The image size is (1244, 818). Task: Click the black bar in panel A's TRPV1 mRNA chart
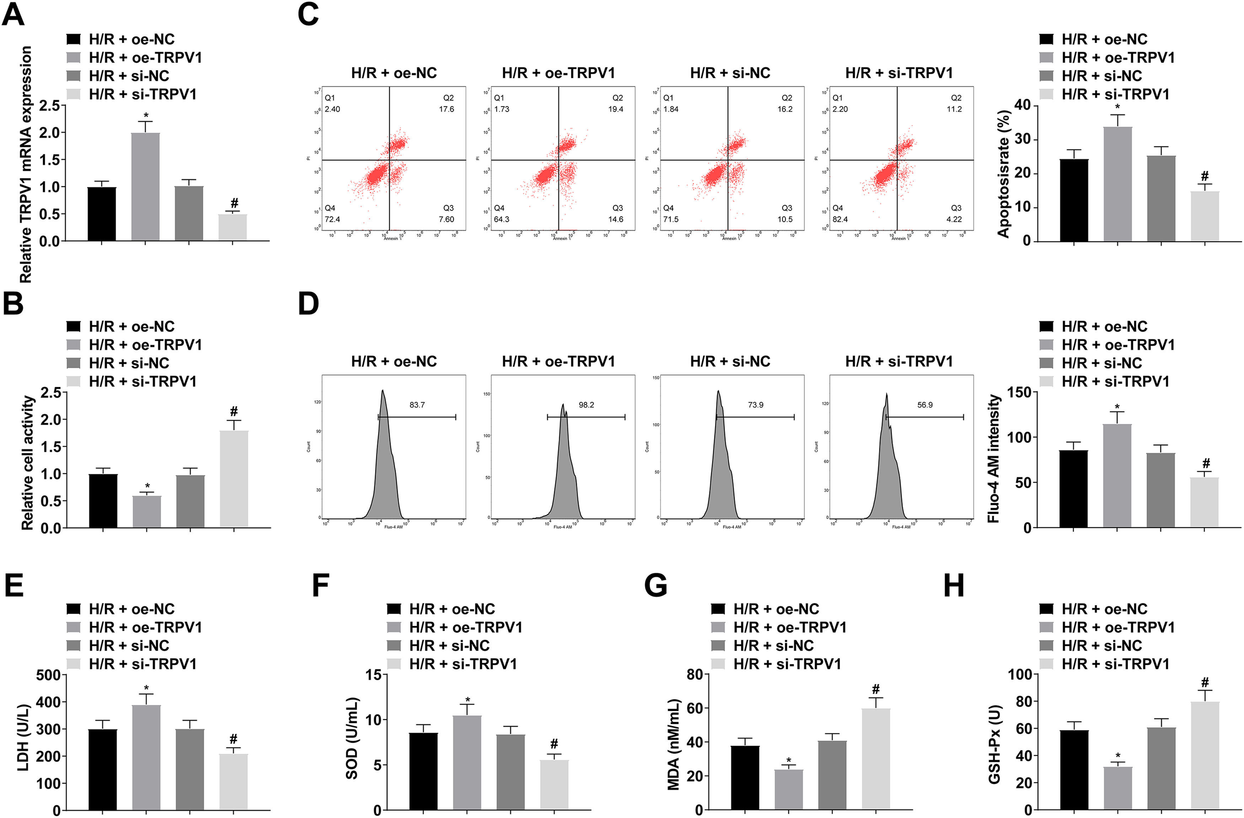[x=102, y=214]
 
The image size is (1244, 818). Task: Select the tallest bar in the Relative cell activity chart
[x=234, y=478]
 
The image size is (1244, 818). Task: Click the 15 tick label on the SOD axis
[x=373, y=675]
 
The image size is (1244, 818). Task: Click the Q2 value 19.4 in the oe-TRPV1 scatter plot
[x=615, y=109]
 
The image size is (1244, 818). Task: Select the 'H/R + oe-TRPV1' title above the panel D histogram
[x=558, y=361]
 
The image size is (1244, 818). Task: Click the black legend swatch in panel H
[x=1046, y=609]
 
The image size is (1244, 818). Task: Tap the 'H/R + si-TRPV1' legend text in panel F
[x=463, y=664]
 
